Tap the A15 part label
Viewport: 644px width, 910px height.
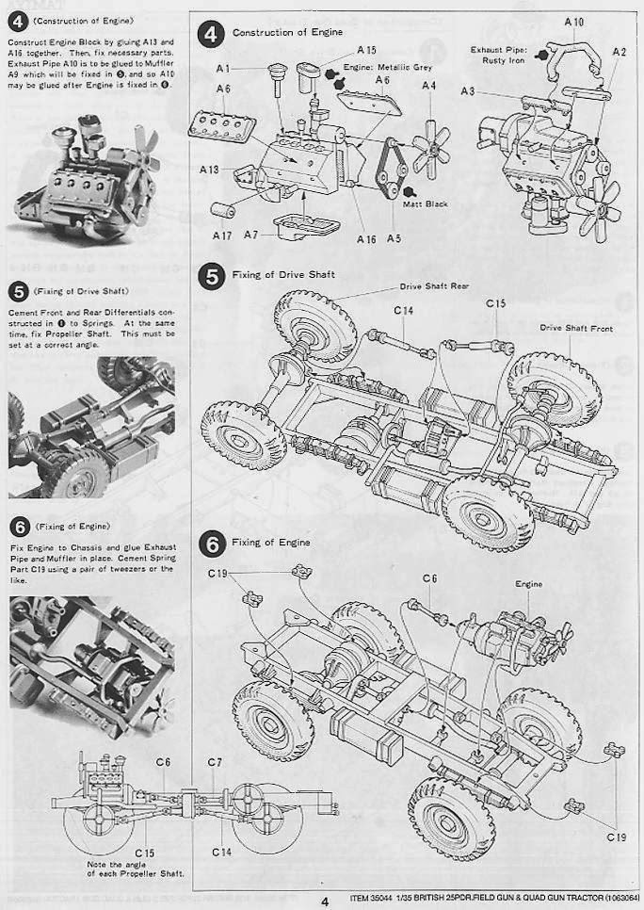366,49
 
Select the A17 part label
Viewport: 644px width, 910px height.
222,236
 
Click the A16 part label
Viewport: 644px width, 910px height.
366,239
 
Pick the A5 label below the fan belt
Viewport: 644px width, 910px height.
394,239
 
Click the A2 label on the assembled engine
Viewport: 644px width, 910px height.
619,52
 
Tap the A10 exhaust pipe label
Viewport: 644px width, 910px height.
573,21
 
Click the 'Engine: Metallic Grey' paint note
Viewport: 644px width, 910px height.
377,69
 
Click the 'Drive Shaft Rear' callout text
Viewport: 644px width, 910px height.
434,285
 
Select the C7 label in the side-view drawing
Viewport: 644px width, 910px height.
214,761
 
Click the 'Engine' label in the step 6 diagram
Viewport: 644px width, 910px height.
528,584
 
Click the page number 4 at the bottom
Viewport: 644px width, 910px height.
324,901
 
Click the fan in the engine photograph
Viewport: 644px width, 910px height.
143,146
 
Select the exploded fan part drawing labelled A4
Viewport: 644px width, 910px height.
430,145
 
